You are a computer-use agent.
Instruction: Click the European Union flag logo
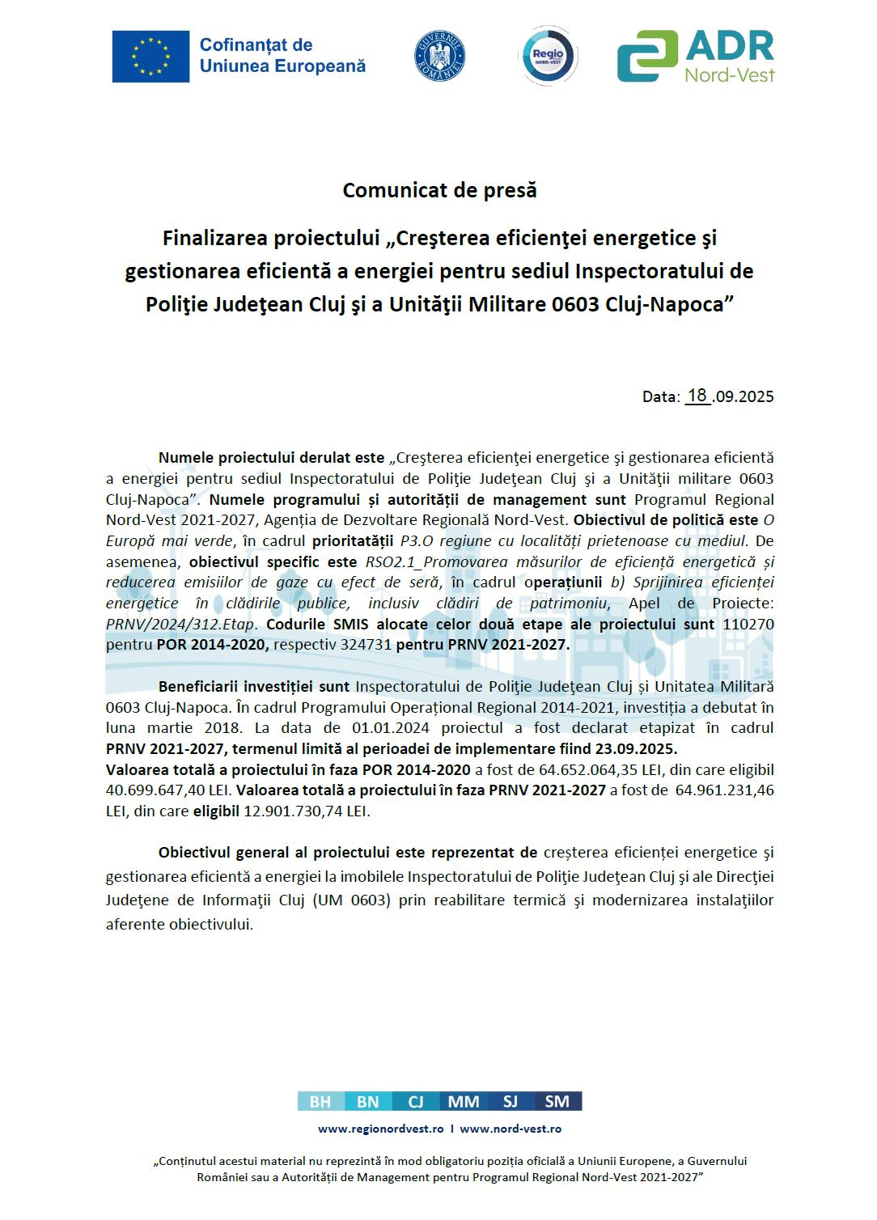[x=150, y=57]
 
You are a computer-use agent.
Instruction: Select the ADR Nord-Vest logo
[x=695, y=57]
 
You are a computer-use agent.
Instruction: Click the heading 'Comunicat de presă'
[x=439, y=190]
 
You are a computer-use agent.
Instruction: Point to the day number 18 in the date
[x=697, y=396]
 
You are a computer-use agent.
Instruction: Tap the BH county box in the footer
[x=320, y=1101]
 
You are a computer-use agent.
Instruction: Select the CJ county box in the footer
[x=416, y=1101]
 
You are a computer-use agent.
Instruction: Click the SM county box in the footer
[x=557, y=1101]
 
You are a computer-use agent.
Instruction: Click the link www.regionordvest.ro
[x=380, y=1129]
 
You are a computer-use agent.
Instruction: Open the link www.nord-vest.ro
[x=511, y=1129]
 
